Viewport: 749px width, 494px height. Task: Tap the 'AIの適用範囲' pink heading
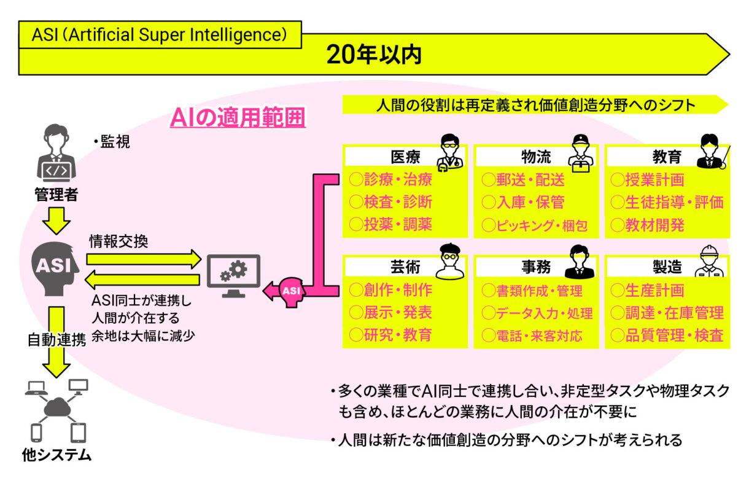[238, 117]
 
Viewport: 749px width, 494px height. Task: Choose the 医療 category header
[405, 157]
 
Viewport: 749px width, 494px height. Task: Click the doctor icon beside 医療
[451, 152]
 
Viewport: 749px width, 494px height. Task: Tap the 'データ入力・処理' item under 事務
[537, 313]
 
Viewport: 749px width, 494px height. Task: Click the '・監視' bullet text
[111, 143]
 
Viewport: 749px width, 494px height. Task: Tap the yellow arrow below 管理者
[56, 221]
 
